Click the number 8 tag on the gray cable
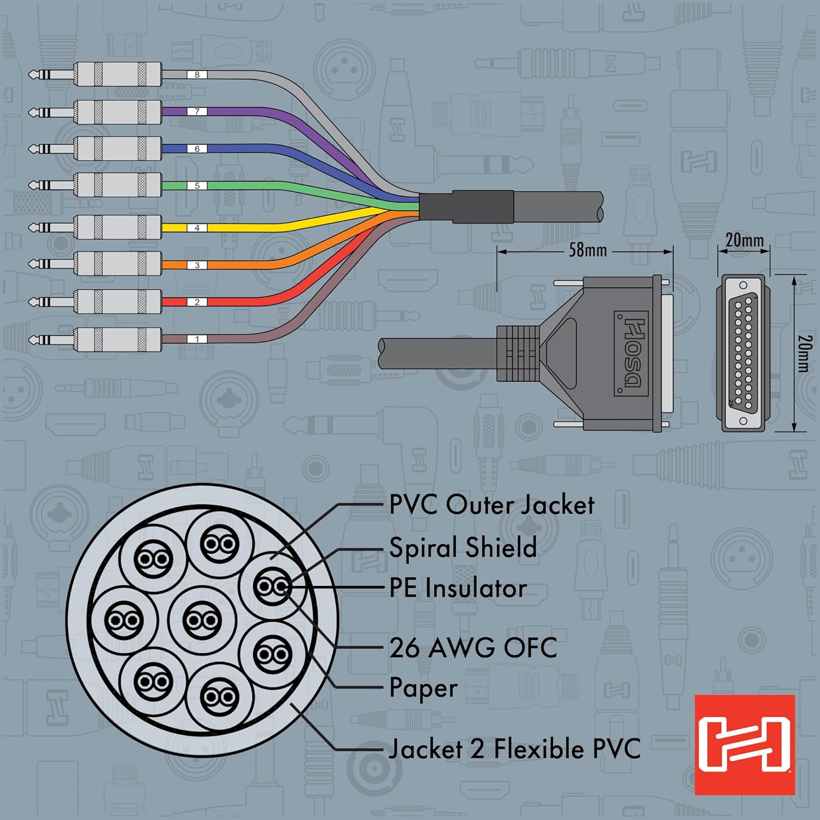197,74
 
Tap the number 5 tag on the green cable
197,186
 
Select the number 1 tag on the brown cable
197,339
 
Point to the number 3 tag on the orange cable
197,265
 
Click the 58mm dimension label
588,250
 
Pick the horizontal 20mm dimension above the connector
745,240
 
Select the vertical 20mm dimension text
804,353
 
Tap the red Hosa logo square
745,745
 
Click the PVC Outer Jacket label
492,505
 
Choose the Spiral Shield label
463,547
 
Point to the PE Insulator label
458,588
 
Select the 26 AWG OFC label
473,648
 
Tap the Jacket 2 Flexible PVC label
514,748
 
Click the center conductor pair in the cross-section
202,620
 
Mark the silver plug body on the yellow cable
118,228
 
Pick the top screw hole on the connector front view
743,285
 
